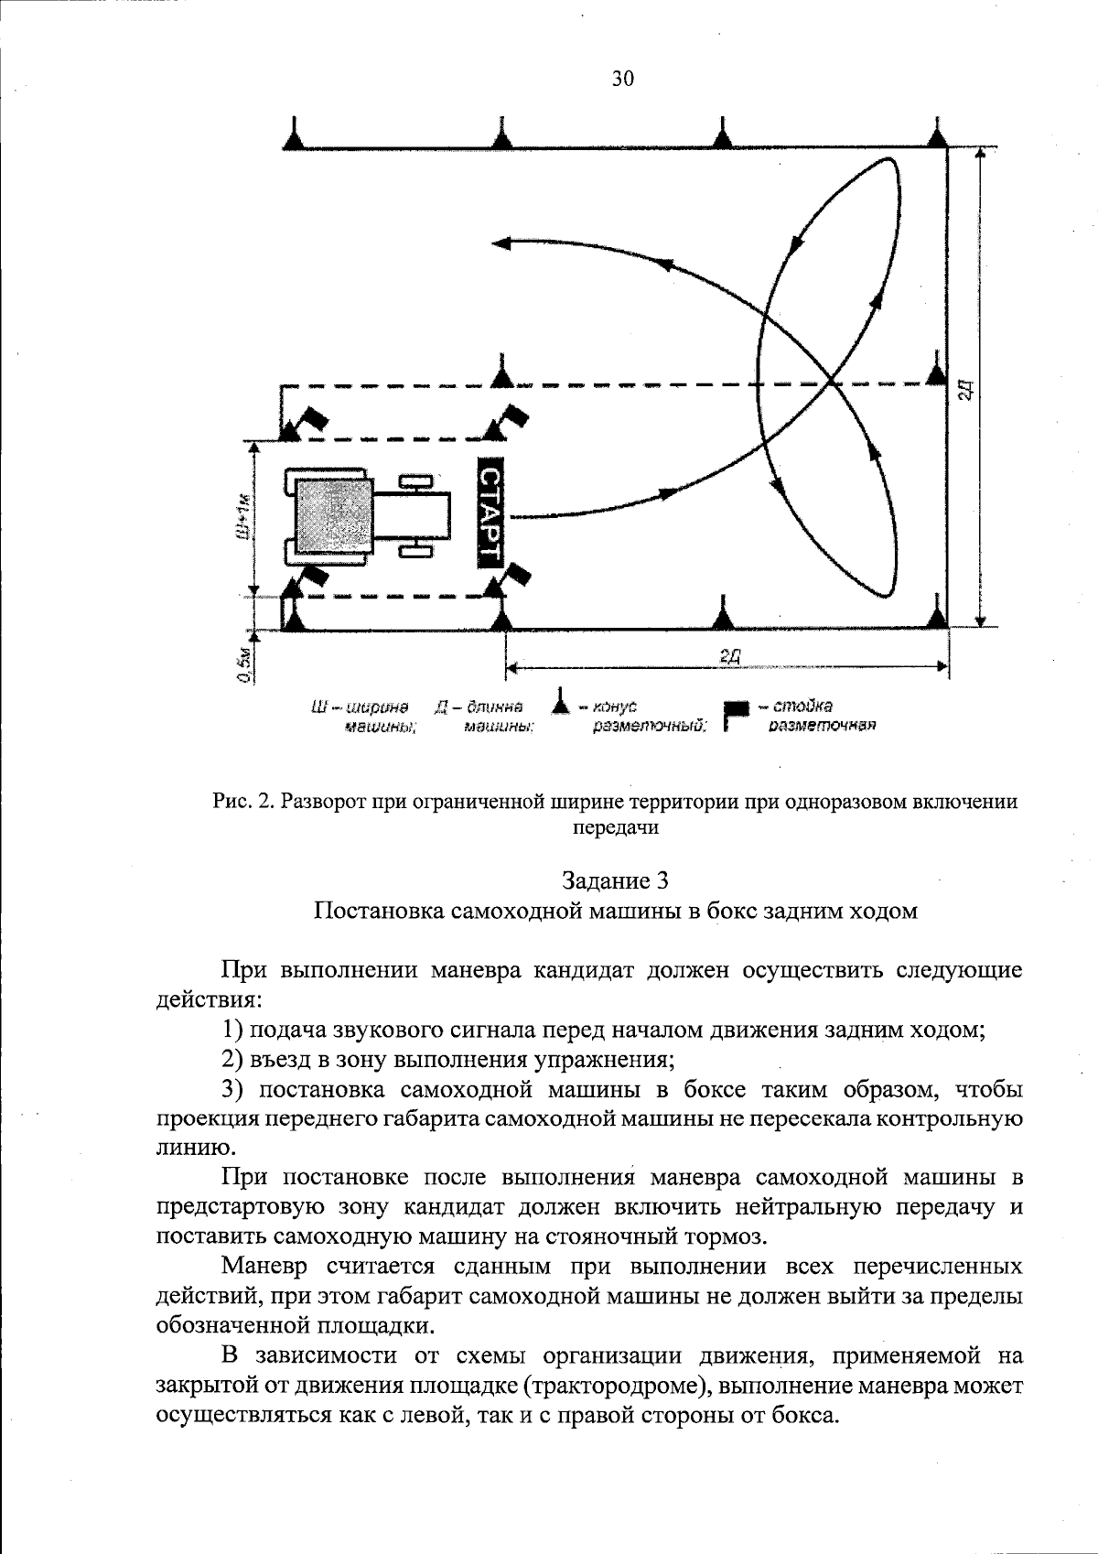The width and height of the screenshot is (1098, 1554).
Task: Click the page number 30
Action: [622, 79]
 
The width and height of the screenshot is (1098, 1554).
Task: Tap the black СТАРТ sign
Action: [490, 514]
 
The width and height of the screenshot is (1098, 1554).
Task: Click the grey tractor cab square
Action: [333, 517]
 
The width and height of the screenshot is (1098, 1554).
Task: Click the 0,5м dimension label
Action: [243, 664]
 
